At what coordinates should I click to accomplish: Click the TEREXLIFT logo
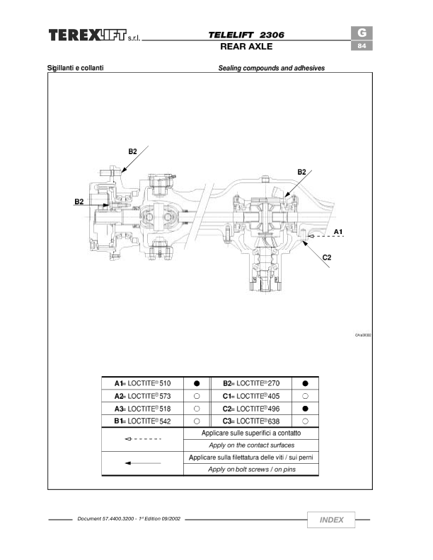pyautogui.click(x=94, y=35)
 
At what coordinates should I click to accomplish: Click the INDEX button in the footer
pyautogui.click(x=331, y=520)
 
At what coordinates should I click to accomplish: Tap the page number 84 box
pyautogui.click(x=362, y=46)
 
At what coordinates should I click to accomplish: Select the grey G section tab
pyautogui.click(x=362, y=33)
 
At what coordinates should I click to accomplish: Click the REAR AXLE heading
pyautogui.click(x=246, y=47)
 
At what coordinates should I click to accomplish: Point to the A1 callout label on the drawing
pyautogui.click(x=338, y=232)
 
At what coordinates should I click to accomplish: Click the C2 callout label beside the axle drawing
pyautogui.click(x=327, y=257)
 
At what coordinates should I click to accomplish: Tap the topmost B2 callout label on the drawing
pyautogui.click(x=132, y=151)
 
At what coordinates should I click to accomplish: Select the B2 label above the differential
pyautogui.click(x=302, y=172)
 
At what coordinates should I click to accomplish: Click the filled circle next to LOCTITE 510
pyautogui.click(x=197, y=383)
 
